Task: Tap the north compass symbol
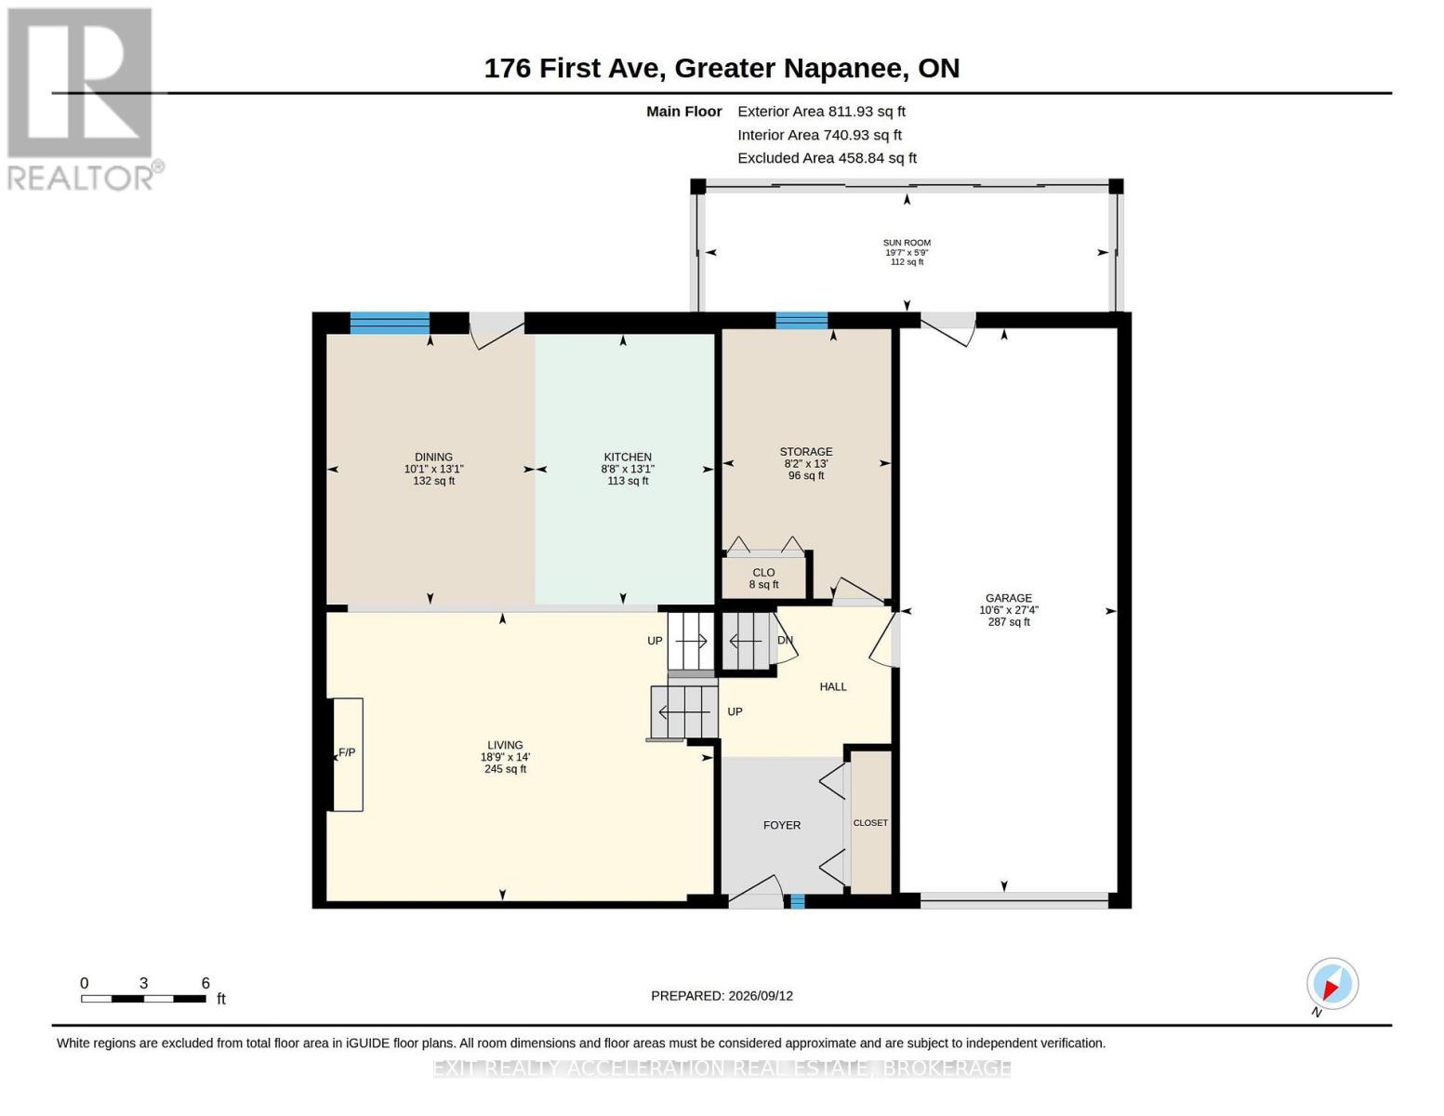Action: point(1331,984)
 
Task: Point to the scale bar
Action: point(143,998)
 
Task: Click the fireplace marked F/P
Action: point(347,754)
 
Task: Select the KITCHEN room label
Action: point(628,457)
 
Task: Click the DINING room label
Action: point(433,457)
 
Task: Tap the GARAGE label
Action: point(1008,598)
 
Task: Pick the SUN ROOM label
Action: point(907,243)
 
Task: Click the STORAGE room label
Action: point(805,451)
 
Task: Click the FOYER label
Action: point(781,825)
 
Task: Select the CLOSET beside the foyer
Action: point(870,823)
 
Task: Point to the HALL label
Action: point(832,686)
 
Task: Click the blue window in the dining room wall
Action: point(390,323)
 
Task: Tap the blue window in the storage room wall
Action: point(801,320)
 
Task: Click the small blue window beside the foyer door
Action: point(798,901)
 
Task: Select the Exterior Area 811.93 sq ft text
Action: point(821,112)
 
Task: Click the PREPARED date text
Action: point(722,996)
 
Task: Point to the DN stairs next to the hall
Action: point(747,642)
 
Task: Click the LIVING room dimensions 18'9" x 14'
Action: point(505,757)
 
